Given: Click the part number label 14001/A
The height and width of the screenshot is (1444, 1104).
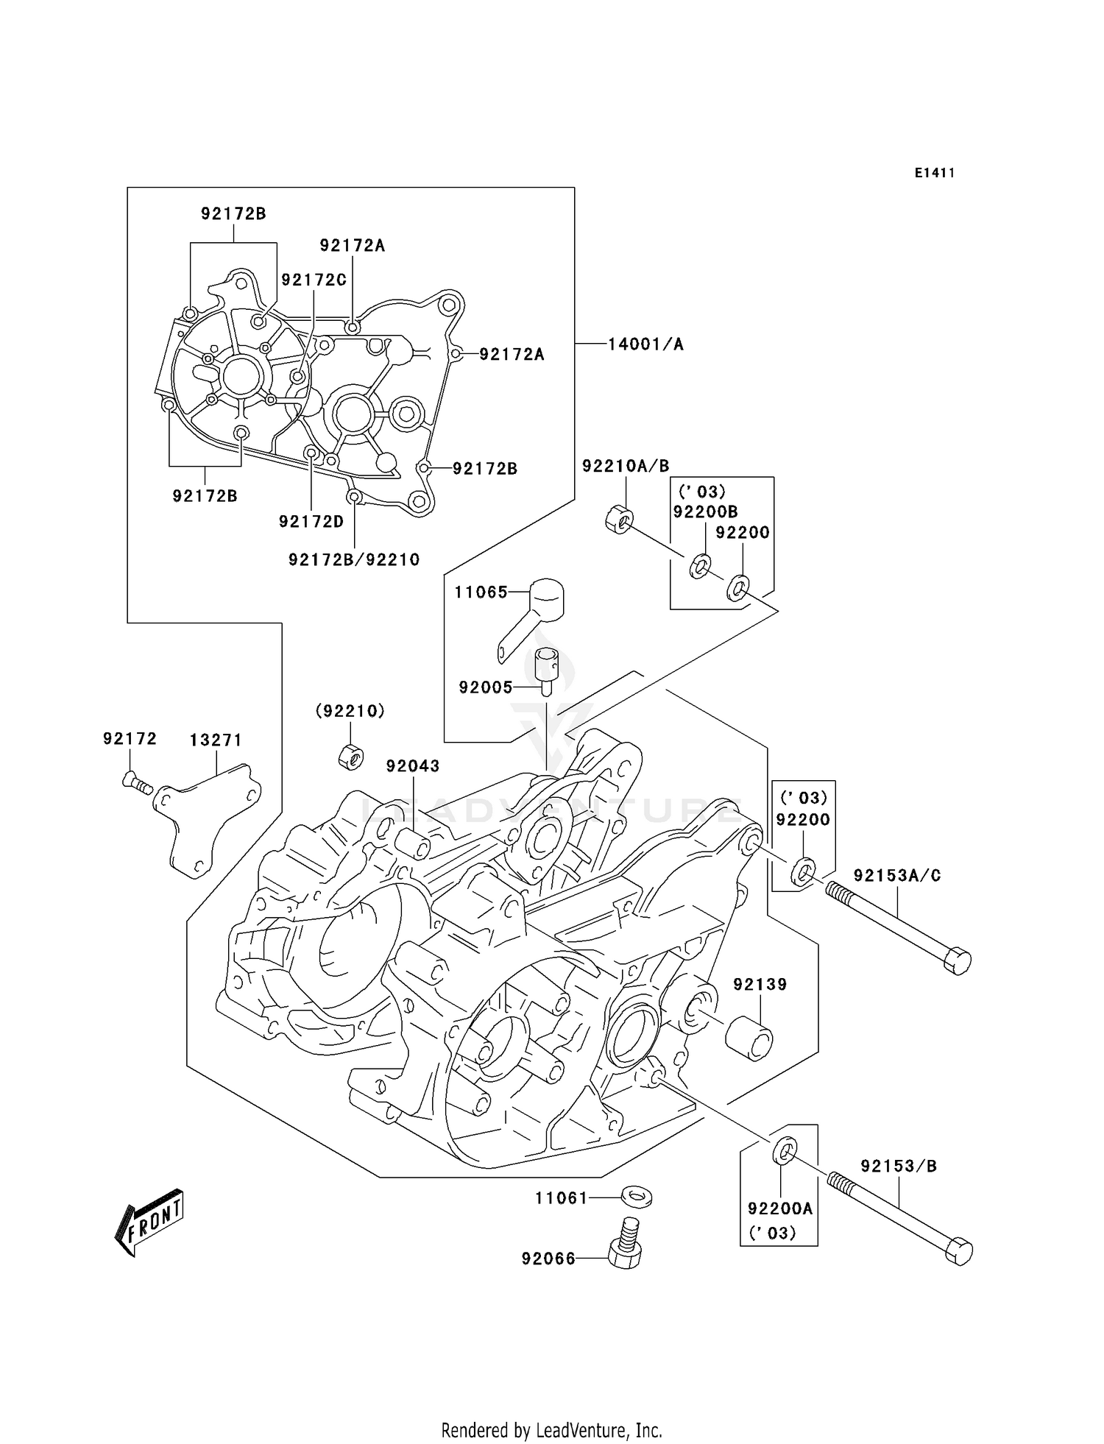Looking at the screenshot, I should [645, 344].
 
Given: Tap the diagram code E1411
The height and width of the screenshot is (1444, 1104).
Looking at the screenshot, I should [935, 173].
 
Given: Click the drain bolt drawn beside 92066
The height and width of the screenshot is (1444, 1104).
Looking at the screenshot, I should [624, 1243].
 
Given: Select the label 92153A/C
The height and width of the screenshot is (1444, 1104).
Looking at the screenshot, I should [897, 875].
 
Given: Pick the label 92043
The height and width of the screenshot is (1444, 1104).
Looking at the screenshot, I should [413, 765].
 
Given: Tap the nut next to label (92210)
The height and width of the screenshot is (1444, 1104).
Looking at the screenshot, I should [351, 756].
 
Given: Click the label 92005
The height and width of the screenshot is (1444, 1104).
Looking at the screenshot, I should [485, 687].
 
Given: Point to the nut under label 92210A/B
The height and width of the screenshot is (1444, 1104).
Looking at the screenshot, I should [619, 519].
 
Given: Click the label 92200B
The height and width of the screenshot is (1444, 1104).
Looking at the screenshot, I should [705, 512].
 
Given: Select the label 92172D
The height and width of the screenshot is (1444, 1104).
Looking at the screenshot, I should [311, 521].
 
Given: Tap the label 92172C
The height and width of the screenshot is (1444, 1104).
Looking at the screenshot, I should [314, 280].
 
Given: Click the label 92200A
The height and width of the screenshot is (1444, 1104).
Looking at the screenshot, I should [780, 1208].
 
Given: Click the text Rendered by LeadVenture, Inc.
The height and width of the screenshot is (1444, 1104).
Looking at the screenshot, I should [551, 1431].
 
